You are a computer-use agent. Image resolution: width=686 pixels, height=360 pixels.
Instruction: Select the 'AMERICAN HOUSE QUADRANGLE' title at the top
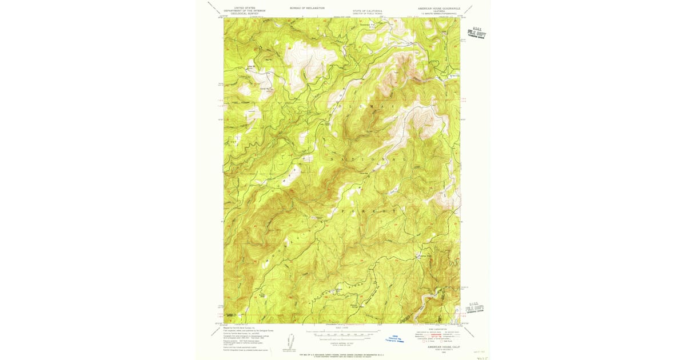coord(439,9)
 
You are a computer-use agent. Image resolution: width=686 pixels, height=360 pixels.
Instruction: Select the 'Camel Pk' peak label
coord(248,89)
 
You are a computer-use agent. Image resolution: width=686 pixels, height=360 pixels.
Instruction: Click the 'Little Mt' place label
coord(250,68)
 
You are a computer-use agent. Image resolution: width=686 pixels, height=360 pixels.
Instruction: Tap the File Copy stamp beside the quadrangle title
coord(476,33)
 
